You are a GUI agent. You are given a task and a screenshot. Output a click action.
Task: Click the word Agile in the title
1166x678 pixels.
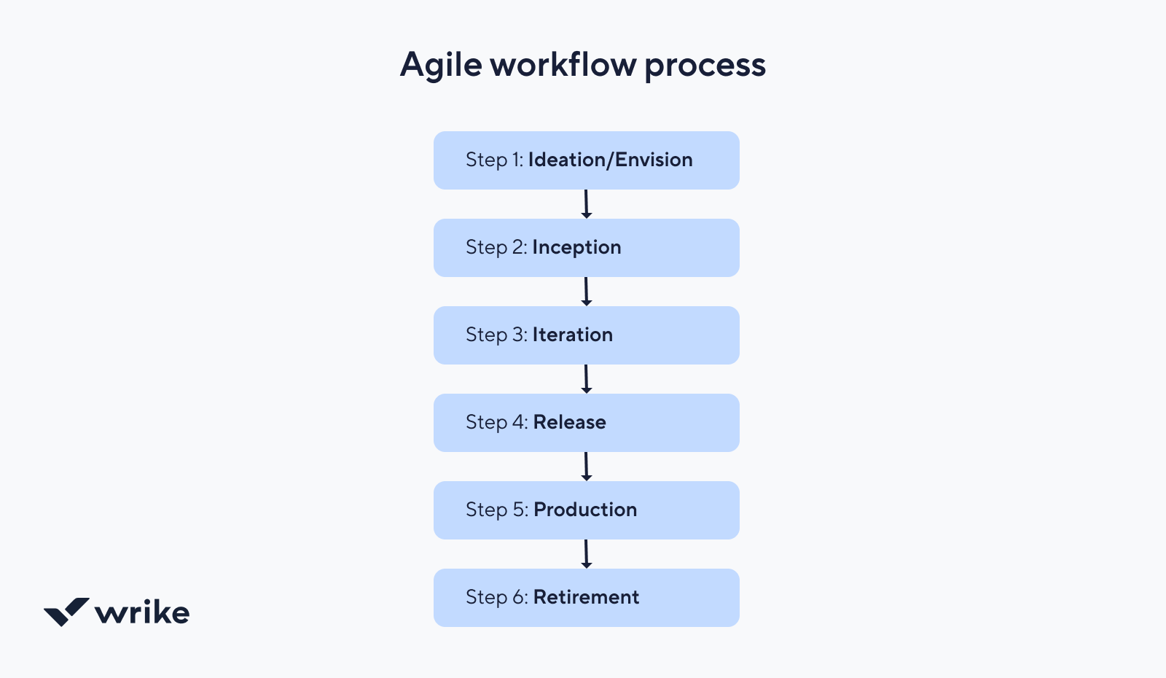click(x=441, y=66)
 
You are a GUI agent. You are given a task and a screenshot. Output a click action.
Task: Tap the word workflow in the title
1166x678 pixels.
click(x=563, y=64)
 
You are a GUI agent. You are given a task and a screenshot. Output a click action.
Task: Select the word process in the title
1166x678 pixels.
click(x=705, y=66)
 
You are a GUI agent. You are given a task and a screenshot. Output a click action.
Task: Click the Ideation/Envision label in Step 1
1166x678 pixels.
click(x=611, y=160)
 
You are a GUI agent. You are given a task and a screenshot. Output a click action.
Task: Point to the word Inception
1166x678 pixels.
click(x=576, y=248)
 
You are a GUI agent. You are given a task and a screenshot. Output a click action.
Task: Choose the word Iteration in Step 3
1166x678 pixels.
click(x=573, y=335)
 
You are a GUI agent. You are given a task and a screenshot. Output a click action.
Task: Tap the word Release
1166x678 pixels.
click(x=569, y=422)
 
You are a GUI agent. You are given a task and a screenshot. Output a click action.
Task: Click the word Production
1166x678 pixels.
click(x=585, y=510)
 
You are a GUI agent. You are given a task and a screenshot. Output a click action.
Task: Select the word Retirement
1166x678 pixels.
click(x=586, y=597)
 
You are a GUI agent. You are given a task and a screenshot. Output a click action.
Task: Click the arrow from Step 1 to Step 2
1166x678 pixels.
click(x=586, y=204)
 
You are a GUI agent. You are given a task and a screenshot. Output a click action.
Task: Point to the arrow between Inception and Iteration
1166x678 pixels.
click(x=586, y=292)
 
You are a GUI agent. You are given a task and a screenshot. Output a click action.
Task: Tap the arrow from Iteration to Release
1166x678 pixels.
click(x=586, y=379)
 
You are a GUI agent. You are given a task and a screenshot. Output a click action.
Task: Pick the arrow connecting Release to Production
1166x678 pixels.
click(x=586, y=467)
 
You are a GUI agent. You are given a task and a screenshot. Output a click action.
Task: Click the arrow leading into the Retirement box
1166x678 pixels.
click(x=586, y=554)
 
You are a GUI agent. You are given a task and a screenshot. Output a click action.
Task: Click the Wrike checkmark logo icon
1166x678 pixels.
click(x=66, y=612)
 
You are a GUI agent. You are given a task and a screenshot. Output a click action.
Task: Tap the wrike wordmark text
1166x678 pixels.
click(x=142, y=612)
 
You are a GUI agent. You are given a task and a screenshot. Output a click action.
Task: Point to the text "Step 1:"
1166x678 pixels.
click(x=495, y=160)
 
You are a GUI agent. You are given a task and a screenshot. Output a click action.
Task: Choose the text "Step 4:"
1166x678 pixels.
click(x=497, y=423)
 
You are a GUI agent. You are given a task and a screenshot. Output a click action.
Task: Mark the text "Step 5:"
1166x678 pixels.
click(x=497, y=510)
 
